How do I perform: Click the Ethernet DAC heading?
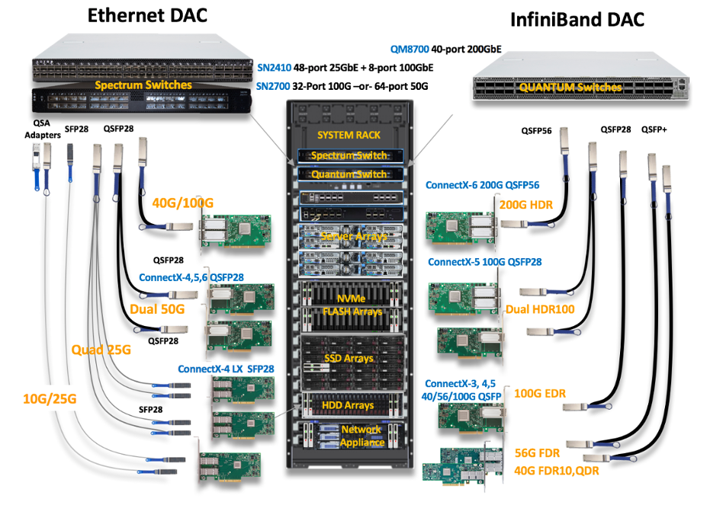(147, 15)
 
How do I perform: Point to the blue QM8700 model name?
(409, 48)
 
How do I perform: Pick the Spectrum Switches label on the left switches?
(143, 85)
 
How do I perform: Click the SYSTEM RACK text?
(348, 135)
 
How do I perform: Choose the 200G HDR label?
(525, 204)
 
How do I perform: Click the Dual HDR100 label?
(540, 309)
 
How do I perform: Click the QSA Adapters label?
(42, 129)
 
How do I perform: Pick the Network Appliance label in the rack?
(361, 436)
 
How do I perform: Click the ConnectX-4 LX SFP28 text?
(226, 369)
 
